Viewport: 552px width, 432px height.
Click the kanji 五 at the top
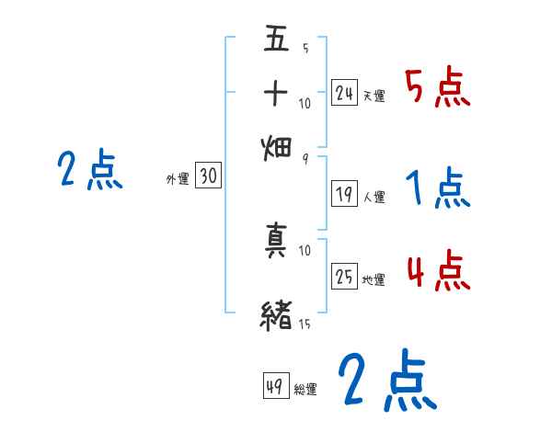tap(277, 40)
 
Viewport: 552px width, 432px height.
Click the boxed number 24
tap(344, 92)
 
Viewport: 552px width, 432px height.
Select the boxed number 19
tap(344, 193)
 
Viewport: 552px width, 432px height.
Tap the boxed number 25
tap(344, 276)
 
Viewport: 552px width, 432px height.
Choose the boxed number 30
tap(208, 176)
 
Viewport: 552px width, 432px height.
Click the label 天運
tap(374, 96)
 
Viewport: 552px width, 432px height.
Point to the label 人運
tap(374, 197)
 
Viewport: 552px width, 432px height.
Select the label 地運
tap(374, 279)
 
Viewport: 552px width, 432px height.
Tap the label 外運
tap(177, 180)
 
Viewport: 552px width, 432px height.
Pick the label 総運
tap(305, 389)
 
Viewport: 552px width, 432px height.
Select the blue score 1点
tap(437, 188)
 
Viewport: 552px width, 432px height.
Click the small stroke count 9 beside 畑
tap(305, 158)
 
